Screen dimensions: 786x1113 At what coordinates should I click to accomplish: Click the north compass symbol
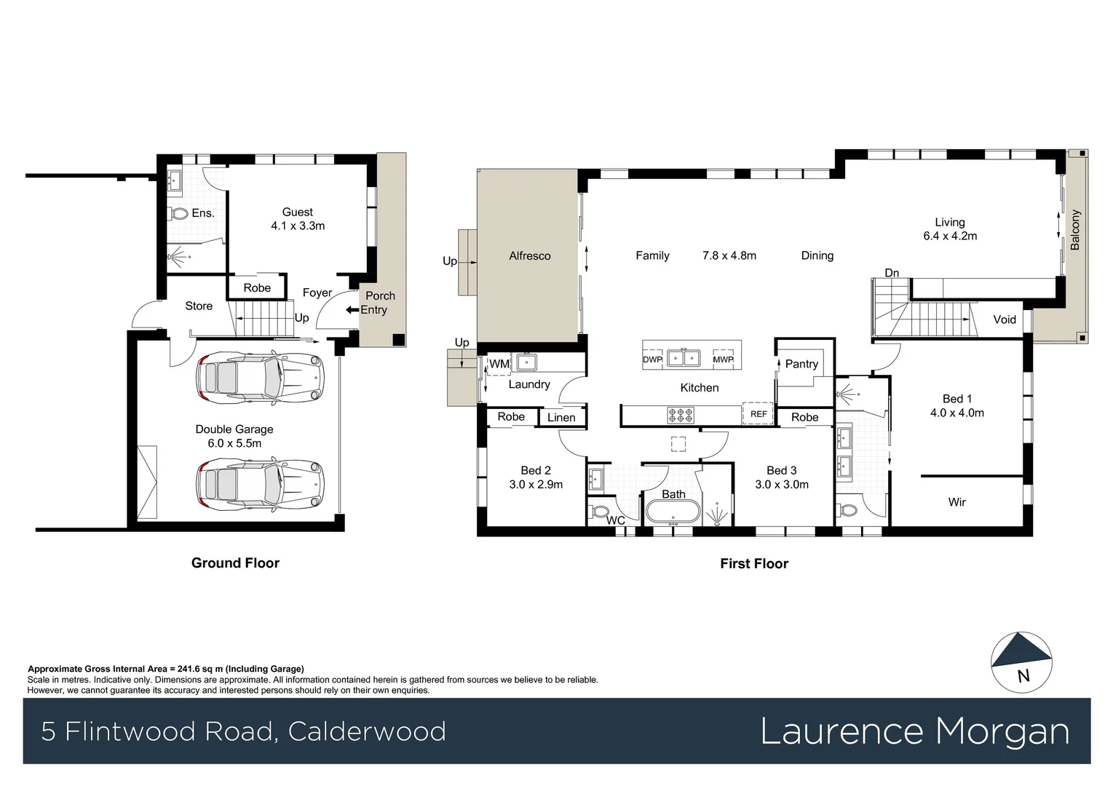pyautogui.click(x=1021, y=661)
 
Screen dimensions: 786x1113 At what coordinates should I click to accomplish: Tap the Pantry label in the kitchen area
pyautogui.click(x=801, y=364)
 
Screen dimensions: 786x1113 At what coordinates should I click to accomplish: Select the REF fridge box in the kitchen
pyautogui.click(x=758, y=413)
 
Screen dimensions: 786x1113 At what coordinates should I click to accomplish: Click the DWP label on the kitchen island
pyautogui.click(x=652, y=360)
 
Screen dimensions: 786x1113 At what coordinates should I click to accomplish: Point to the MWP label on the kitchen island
pyautogui.click(x=723, y=360)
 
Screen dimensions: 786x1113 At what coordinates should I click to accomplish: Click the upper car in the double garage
pyautogui.click(x=259, y=378)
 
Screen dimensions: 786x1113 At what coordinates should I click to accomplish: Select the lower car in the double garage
pyautogui.click(x=259, y=483)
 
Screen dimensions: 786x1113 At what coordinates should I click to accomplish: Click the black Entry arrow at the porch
pyautogui.click(x=352, y=310)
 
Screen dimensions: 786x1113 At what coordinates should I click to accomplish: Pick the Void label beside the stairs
pyautogui.click(x=1004, y=319)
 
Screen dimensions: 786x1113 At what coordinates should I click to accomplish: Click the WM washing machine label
pyautogui.click(x=499, y=364)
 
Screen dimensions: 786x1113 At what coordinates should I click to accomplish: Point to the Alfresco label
pyautogui.click(x=529, y=256)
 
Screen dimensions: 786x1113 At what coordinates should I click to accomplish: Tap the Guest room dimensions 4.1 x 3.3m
pyautogui.click(x=298, y=226)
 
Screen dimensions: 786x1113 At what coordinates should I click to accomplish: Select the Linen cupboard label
pyautogui.click(x=561, y=417)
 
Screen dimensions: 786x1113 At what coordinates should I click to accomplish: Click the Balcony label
pyautogui.click(x=1075, y=230)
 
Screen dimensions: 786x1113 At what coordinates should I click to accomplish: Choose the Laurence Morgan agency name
pyautogui.click(x=914, y=731)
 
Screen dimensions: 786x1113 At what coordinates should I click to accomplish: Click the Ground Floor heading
pyautogui.click(x=235, y=563)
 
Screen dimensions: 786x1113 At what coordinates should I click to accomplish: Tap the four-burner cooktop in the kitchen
pyautogui.click(x=681, y=415)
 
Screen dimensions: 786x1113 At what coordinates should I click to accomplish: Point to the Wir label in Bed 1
pyautogui.click(x=956, y=502)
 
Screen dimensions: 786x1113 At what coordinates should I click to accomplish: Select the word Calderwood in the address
pyautogui.click(x=367, y=731)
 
